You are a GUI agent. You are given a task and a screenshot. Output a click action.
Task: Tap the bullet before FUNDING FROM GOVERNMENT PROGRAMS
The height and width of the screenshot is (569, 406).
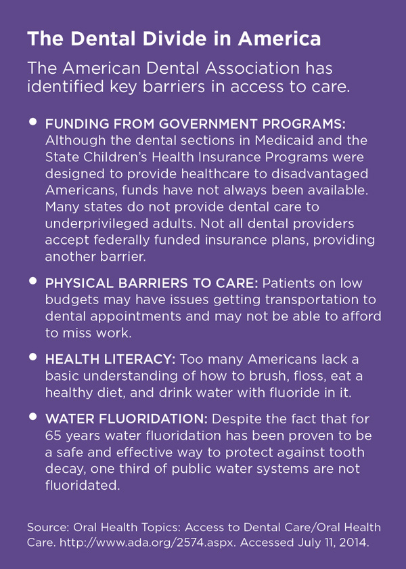(32, 123)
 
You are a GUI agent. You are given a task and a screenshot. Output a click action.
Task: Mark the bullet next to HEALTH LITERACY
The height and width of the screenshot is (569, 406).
(32, 356)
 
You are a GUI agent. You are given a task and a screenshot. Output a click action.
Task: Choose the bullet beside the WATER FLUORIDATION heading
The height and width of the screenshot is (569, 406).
(32, 418)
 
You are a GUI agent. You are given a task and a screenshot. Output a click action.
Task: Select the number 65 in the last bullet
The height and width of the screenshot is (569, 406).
(53, 436)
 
